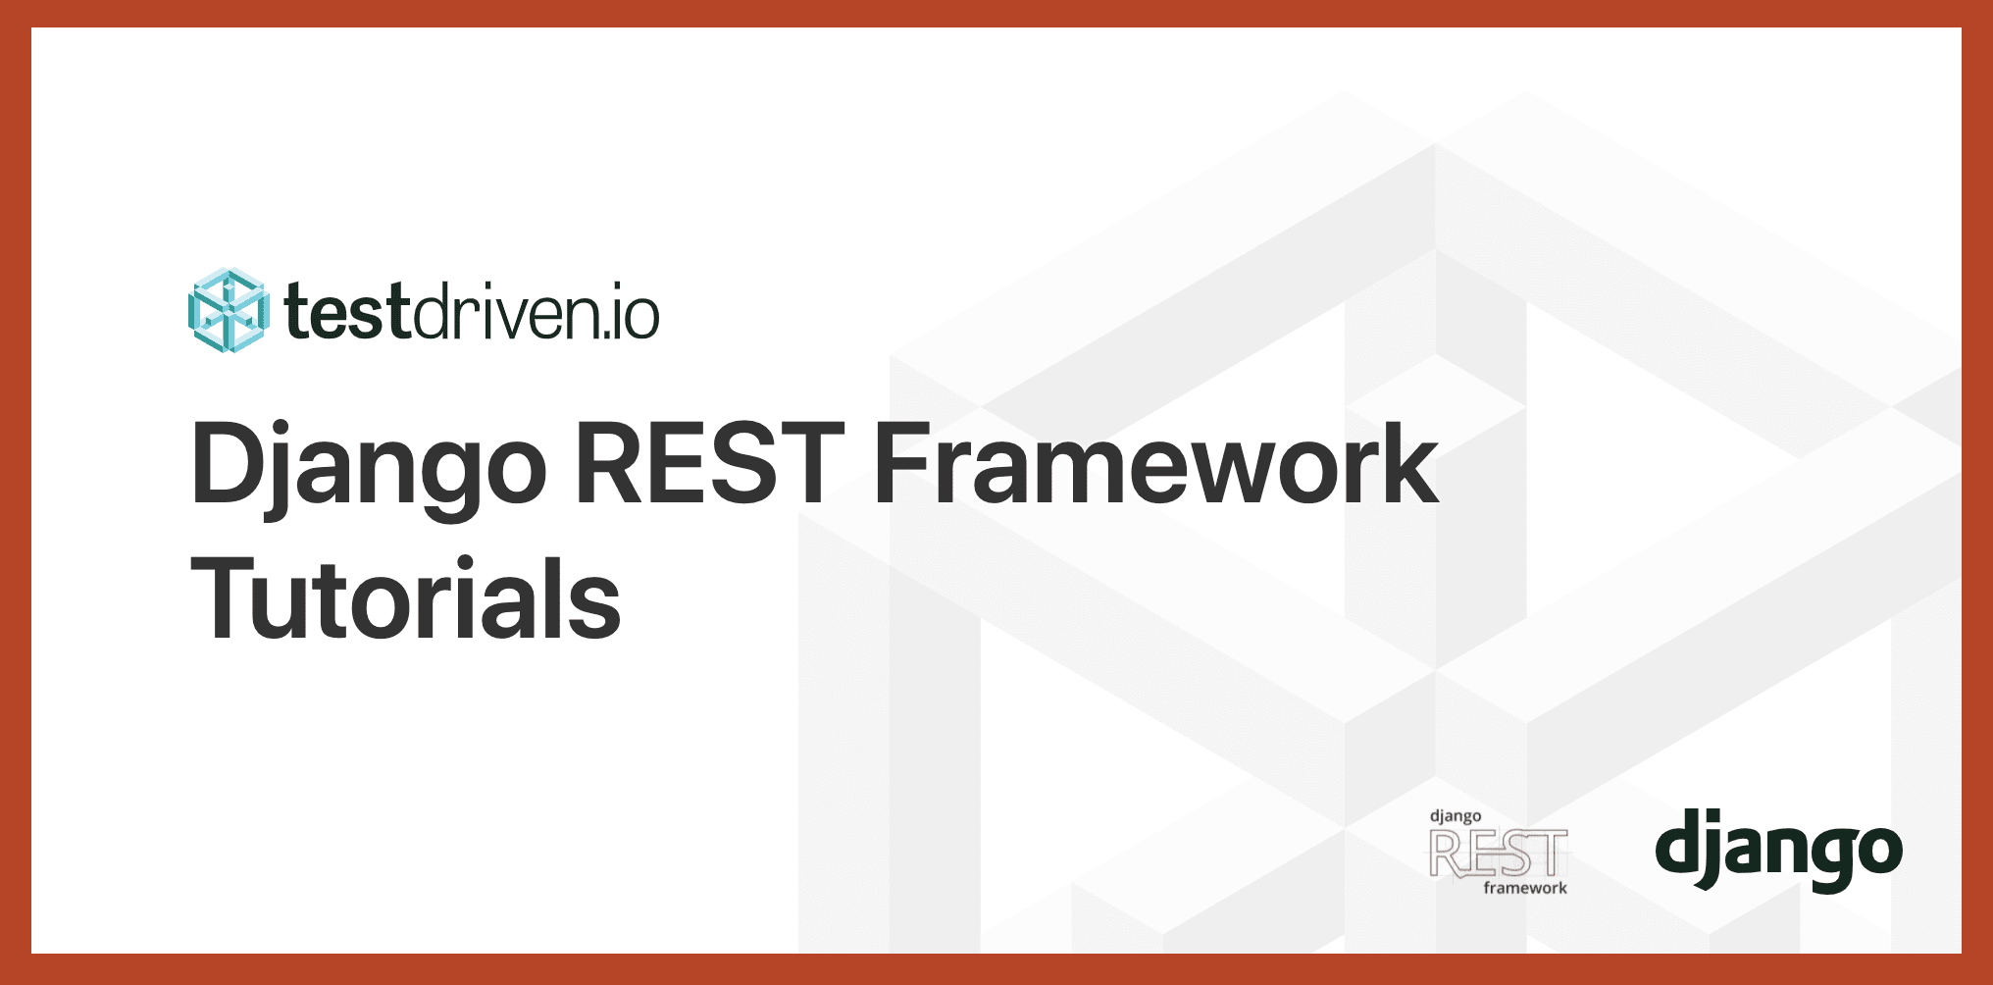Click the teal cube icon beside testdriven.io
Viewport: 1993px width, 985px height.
coord(227,311)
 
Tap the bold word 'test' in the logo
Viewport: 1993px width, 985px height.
coord(347,313)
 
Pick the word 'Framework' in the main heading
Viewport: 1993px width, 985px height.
coord(1155,463)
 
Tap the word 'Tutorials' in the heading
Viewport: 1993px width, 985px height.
coord(406,598)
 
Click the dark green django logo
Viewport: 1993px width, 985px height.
coord(1778,850)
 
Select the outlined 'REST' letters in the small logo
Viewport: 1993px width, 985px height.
coord(1498,853)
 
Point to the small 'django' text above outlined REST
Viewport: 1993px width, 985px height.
coord(1456,816)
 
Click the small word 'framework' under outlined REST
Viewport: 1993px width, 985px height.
coord(1525,888)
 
